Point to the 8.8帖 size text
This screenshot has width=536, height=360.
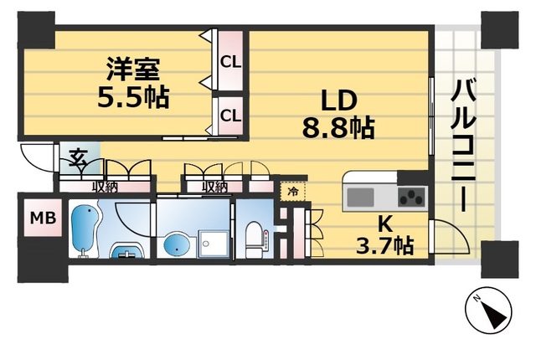coord(338,128)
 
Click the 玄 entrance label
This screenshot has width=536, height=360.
coord(78,157)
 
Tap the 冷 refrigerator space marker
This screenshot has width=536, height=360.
coord(292,192)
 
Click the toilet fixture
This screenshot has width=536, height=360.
coord(256,238)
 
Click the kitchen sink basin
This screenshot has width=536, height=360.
coord(361,198)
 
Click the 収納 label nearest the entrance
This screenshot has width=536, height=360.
coord(105,187)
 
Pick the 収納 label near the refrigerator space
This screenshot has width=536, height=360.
coord(214,187)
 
